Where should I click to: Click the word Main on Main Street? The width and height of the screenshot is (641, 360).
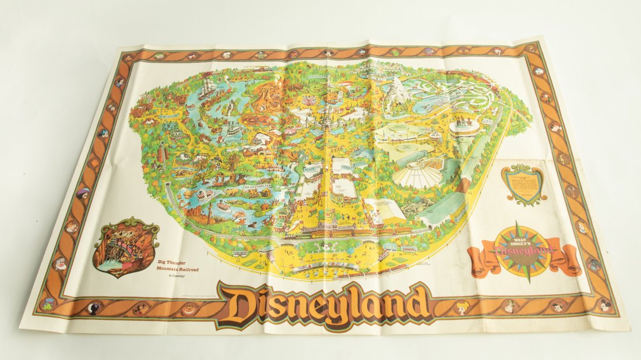[312, 168]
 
